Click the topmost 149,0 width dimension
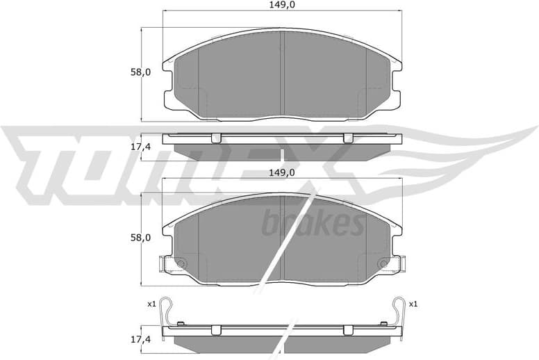282,6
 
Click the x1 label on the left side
151,304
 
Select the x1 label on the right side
413,304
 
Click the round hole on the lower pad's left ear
180,263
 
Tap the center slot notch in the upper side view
282,154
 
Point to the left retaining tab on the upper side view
215,137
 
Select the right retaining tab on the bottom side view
348,329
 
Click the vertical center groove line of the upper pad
282,73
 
